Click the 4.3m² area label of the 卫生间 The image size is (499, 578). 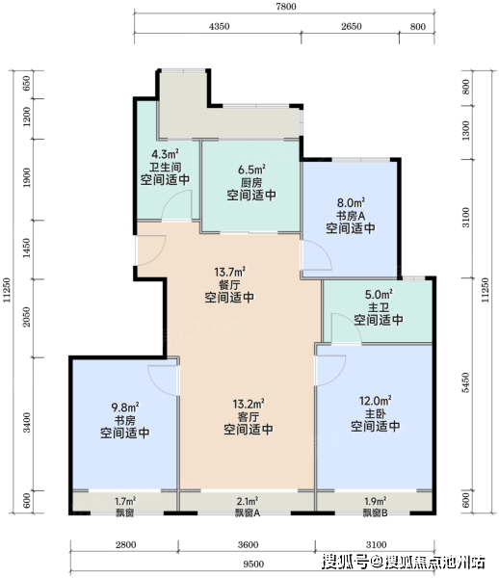click(x=165, y=154)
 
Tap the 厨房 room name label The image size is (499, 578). click(x=251, y=182)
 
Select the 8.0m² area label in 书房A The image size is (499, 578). click(x=351, y=202)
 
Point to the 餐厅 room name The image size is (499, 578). click(x=229, y=284)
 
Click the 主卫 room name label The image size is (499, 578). click(x=379, y=307)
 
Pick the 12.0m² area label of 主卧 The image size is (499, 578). click(x=375, y=401)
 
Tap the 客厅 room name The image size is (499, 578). click(x=249, y=417)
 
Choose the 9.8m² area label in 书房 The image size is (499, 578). click(x=125, y=407)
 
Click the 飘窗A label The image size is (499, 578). click(x=248, y=512)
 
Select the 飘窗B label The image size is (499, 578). click(x=375, y=512)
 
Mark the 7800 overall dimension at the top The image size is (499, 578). click(x=286, y=7)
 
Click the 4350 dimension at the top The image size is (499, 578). click(x=219, y=27)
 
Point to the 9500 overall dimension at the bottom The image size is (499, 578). click(x=253, y=565)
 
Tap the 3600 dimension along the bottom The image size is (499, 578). click(x=248, y=545)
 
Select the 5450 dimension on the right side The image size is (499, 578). click(x=466, y=382)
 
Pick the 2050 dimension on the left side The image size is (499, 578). click(x=27, y=317)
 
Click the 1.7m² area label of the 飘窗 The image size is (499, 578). click(x=125, y=501)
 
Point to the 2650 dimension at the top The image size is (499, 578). click(x=352, y=27)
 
